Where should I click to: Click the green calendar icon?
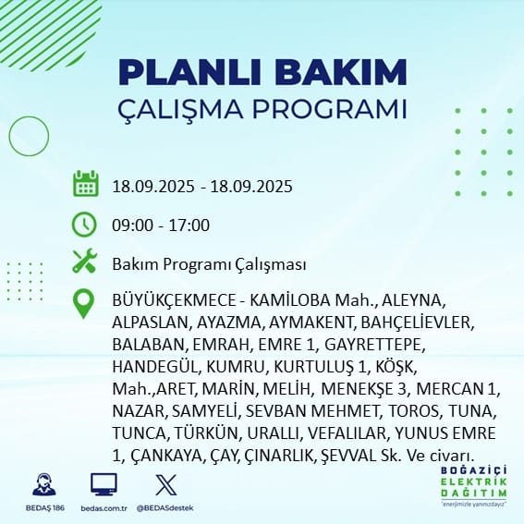point(86,184)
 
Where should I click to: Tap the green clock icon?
point(84,225)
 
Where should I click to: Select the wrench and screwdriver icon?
point(85,261)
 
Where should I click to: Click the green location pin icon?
point(83,303)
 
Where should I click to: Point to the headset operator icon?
point(44,484)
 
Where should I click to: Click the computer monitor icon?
point(104,484)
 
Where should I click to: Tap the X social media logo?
point(166,484)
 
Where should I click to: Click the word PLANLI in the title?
point(189,73)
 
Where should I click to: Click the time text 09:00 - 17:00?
point(161,225)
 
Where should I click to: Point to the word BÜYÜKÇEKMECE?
point(174,301)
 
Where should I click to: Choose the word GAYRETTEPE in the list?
point(374,345)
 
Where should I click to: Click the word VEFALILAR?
point(347,433)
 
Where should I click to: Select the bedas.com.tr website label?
point(104,508)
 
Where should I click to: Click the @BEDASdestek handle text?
point(165,508)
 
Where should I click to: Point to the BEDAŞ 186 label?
point(44,508)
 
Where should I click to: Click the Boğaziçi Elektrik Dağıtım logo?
point(473,485)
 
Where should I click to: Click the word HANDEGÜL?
point(155,367)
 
